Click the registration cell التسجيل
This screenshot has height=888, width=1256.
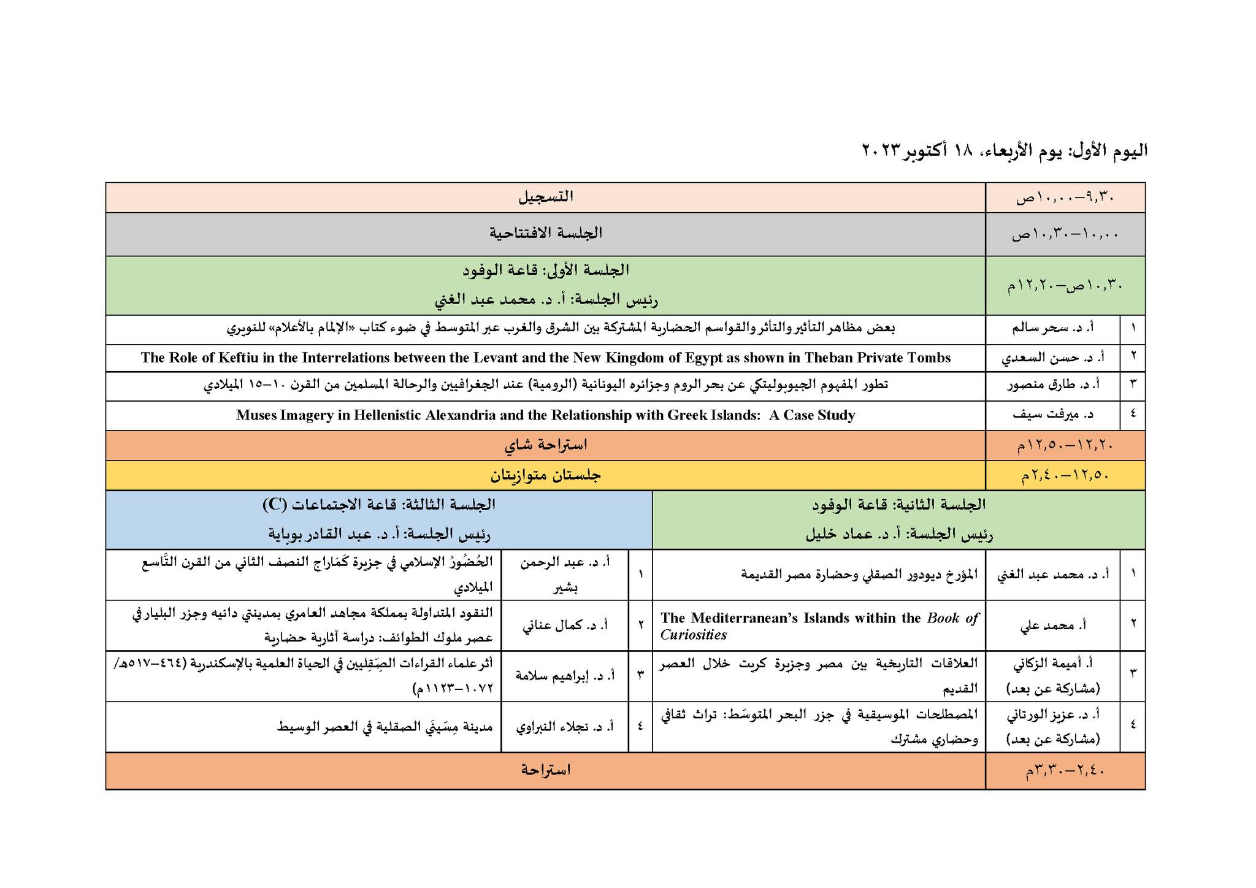click(x=545, y=197)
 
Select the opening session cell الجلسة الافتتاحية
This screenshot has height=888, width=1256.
click(x=545, y=233)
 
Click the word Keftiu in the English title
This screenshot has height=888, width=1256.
click(x=238, y=358)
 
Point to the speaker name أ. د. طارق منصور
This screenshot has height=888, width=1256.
click(x=1054, y=386)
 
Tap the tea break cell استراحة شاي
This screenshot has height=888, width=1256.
click(x=545, y=445)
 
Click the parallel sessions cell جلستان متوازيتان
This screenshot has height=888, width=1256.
click(x=545, y=475)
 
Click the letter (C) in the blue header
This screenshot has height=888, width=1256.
click(x=274, y=505)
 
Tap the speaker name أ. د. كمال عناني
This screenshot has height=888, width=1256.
click(x=564, y=626)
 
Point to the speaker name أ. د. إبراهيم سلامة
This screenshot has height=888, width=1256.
click(x=564, y=676)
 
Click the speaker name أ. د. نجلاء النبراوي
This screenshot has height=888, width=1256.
click(x=564, y=727)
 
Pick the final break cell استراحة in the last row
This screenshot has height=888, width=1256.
click(x=545, y=770)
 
